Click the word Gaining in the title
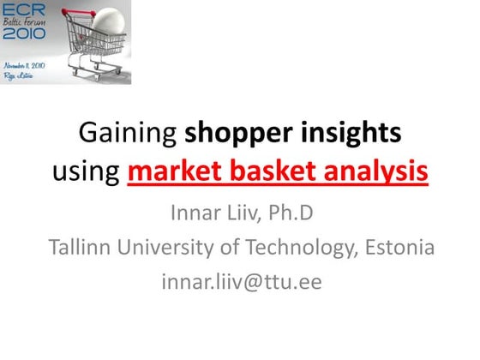pos(126,135)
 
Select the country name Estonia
pos(399,247)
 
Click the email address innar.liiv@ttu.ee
pos(241,281)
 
